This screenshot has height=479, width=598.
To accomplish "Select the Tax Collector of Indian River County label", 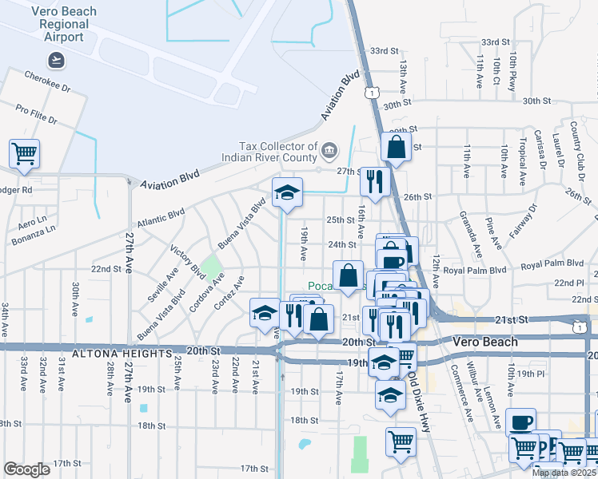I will (x=278, y=152).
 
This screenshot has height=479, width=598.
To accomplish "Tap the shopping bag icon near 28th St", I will (x=397, y=147).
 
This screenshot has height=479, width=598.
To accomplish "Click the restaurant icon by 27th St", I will (x=374, y=181).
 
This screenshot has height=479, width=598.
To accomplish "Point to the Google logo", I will (x=26, y=469).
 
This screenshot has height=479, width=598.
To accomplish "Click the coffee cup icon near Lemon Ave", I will (x=522, y=422).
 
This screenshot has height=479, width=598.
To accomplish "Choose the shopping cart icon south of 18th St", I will (x=400, y=441).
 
